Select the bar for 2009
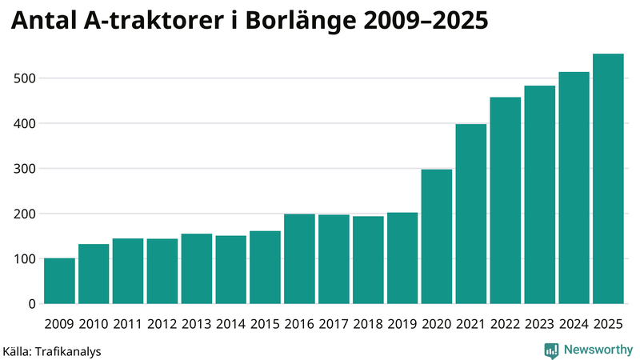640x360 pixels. coord(60,281)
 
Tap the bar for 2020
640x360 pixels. coord(437,237)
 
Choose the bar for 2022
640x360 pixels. coord(506,201)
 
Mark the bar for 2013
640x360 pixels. coord(197,269)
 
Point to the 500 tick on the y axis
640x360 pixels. coord(25,78)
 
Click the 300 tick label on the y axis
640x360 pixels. coord(25,169)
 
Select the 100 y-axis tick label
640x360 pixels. coord(25,259)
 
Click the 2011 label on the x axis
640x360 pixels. coord(128,324)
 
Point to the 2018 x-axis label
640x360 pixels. coord(368,324)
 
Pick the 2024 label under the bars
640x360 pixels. coord(574,324)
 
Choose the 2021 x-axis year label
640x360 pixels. coord(471,324)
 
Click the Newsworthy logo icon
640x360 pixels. coord(551,350)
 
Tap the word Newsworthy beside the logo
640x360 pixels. coord(598,350)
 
